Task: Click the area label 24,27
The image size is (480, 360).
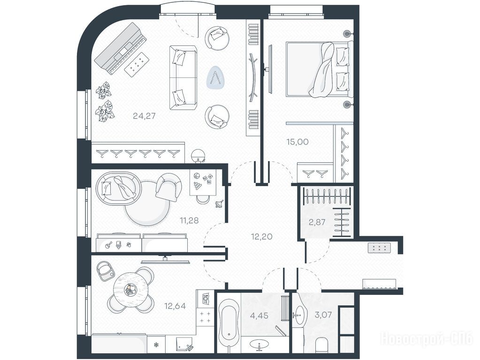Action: click(145, 116)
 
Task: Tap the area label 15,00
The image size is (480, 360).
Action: click(297, 142)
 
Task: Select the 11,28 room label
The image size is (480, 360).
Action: click(189, 220)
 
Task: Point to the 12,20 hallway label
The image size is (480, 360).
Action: click(261, 236)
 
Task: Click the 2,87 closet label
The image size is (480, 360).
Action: click(317, 222)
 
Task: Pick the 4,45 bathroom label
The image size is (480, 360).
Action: click(259, 315)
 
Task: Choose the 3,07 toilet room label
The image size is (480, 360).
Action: click(323, 315)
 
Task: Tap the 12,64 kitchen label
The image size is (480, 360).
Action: click(175, 306)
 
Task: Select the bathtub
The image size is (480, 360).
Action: click(229, 322)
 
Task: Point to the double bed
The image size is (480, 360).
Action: click(319, 69)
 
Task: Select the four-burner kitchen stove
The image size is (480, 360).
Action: click(205, 316)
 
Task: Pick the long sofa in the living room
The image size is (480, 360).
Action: click(183, 78)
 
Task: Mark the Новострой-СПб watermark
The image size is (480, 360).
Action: click(427, 339)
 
